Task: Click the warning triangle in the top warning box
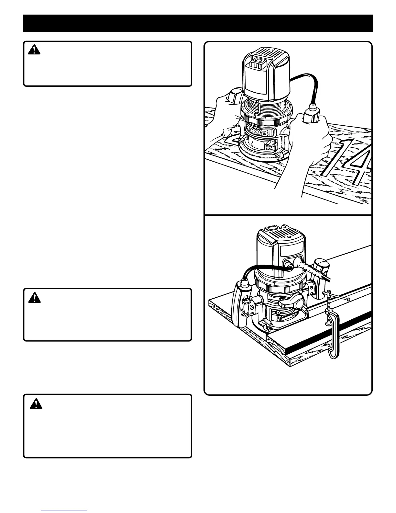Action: tap(34, 50)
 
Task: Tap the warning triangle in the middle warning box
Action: tap(34, 298)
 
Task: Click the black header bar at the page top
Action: tap(198, 23)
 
